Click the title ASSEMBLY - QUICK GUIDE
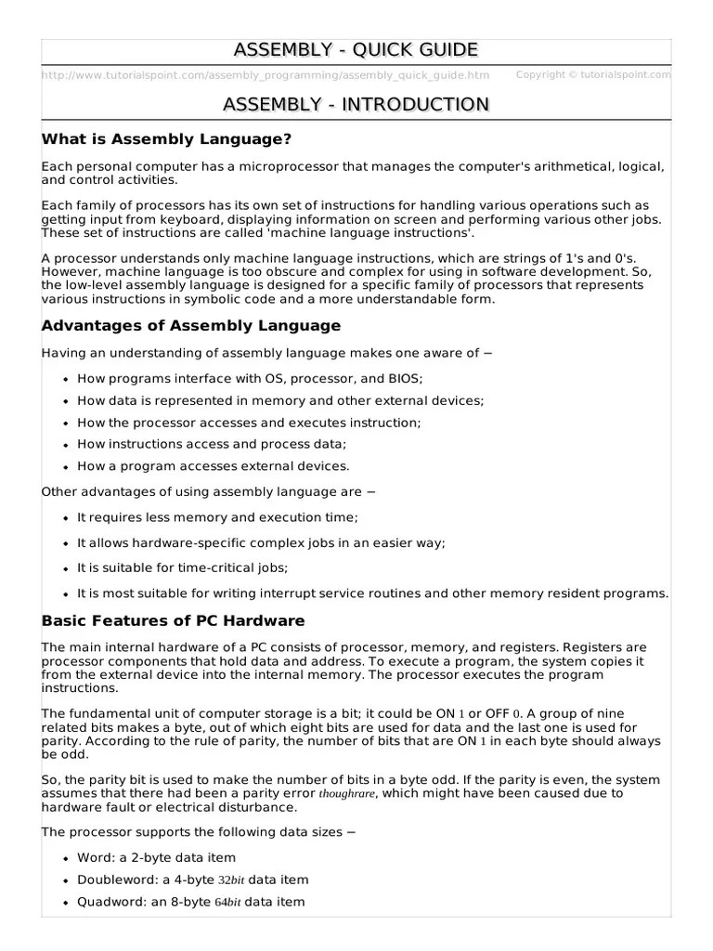[356, 49]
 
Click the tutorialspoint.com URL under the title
[266, 75]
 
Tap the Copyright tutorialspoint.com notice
[593, 74]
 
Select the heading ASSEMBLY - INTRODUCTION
[356, 104]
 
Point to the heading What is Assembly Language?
[166, 139]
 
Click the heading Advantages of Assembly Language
[191, 326]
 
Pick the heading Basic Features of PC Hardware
[173, 620]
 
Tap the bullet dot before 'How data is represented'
[65, 401]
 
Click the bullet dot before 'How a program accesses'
[65, 466]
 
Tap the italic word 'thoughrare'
[347, 795]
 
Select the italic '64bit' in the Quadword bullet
[227, 902]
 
